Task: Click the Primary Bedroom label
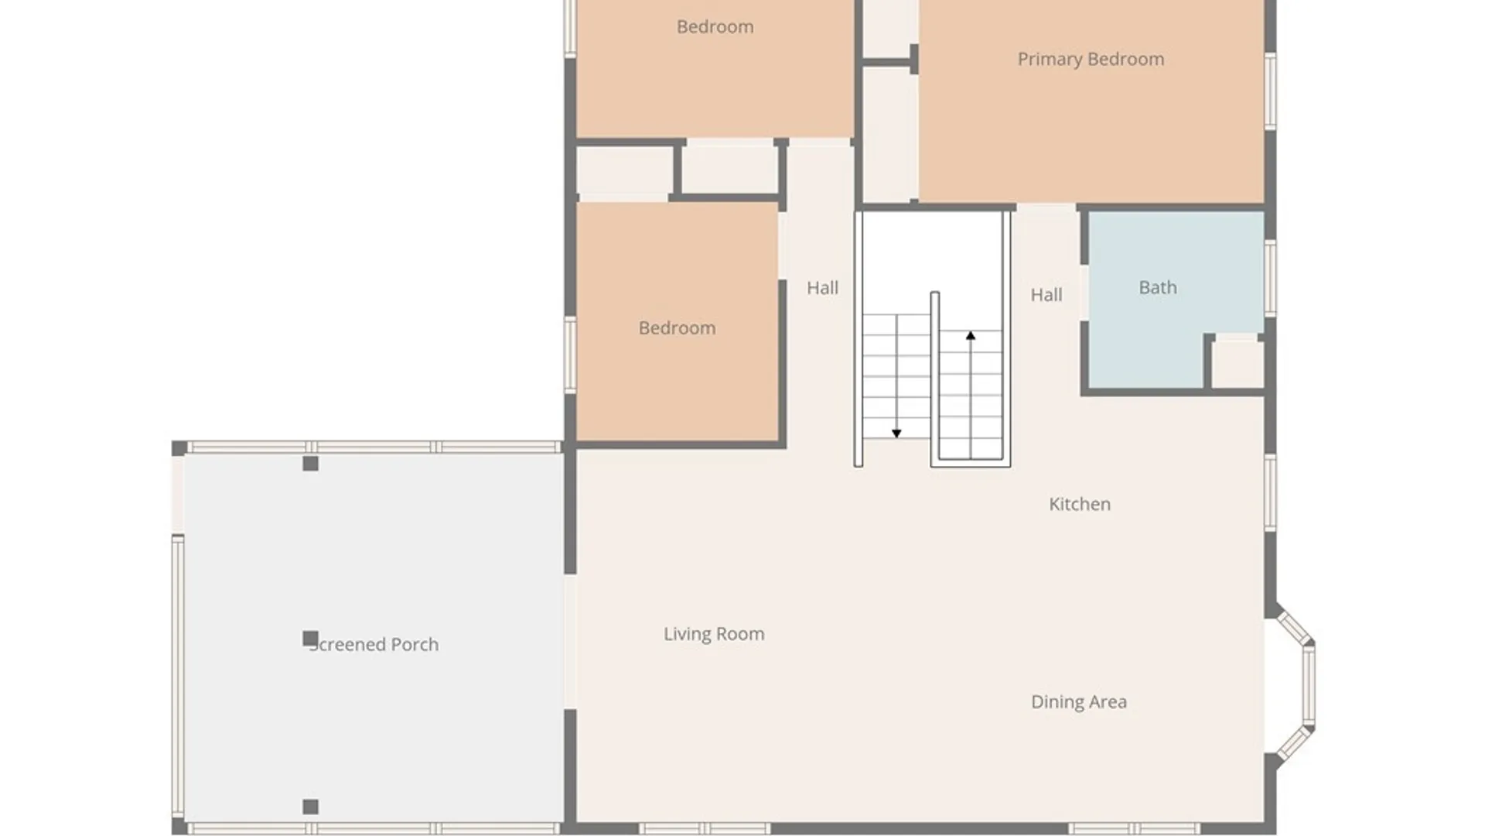(x=1091, y=60)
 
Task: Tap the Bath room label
(x=1158, y=287)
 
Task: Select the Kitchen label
(x=1080, y=504)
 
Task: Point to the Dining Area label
(x=1079, y=702)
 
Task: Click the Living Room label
(x=714, y=634)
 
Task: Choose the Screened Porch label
(x=374, y=645)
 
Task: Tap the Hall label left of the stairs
(x=822, y=288)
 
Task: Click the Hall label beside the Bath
(x=1046, y=295)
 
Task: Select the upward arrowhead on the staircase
(x=971, y=336)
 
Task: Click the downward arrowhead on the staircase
(x=896, y=433)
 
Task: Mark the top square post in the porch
(x=310, y=464)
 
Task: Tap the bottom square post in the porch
(x=310, y=807)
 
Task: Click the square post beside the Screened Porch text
(x=310, y=639)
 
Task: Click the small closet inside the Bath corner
(x=1237, y=362)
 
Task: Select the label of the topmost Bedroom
(x=715, y=27)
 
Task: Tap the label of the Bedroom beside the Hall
(x=677, y=328)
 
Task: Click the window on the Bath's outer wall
(x=1270, y=278)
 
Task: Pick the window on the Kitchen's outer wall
(x=1270, y=493)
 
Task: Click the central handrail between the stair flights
(x=935, y=379)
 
